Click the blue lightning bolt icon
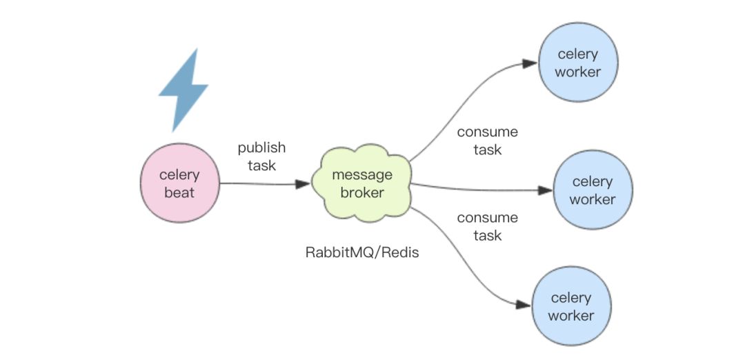coord(183,90)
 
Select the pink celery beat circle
coord(179,183)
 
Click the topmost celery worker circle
coord(579,63)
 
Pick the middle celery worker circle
coord(593,190)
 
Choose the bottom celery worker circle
coord(572,306)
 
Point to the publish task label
coord(261,157)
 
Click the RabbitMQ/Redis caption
coord(362,252)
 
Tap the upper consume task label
coord(487,140)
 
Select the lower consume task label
coord(487,226)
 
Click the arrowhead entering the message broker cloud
coord(303,184)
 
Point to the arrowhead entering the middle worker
coord(545,190)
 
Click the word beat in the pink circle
coord(179,192)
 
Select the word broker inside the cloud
coord(362,193)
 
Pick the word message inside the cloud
coord(362,175)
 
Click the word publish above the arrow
coord(261,148)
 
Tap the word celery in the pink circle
coord(179,175)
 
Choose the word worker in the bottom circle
coord(572,315)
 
